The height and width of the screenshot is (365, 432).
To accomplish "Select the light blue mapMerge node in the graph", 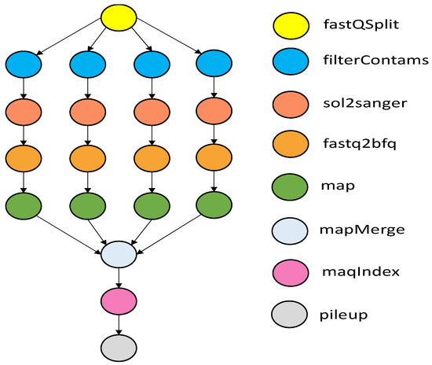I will click(119, 253).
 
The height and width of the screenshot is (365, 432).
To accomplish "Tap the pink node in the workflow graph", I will click(119, 300).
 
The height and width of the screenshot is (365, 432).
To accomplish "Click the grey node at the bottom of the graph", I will click(119, 346).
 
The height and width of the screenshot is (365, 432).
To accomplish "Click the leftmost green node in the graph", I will click(24, 206).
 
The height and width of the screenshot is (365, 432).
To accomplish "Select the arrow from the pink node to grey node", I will click(119, 323).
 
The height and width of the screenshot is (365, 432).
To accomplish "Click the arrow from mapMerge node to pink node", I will click(119, 277).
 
